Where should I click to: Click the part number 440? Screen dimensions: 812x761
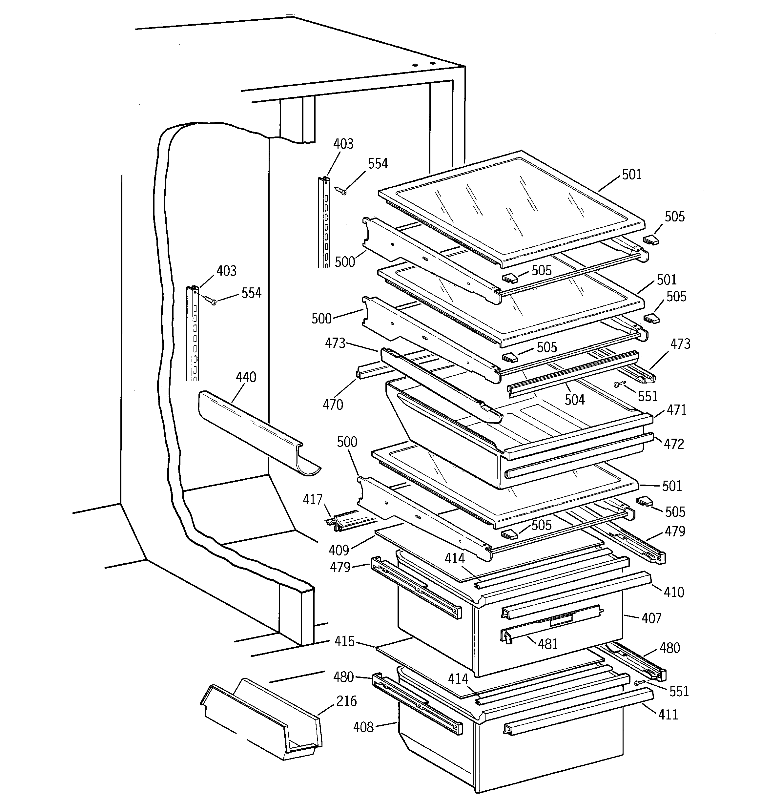(246, 377)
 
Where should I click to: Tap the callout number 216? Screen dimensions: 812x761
(346, 701)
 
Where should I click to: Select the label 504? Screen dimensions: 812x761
(575, 400)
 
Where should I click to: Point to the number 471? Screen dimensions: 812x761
(676, 410)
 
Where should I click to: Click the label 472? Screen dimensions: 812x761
(674, 444)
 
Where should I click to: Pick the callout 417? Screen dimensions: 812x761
(313, 500)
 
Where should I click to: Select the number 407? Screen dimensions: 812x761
(651, 618)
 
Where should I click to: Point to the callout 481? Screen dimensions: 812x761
(548, 644)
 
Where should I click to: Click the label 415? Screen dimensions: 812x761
(344, 641)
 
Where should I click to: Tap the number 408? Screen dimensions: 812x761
(363, 727)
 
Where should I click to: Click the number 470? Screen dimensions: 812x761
(333, 405)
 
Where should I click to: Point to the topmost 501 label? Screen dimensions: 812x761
(632, 175)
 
